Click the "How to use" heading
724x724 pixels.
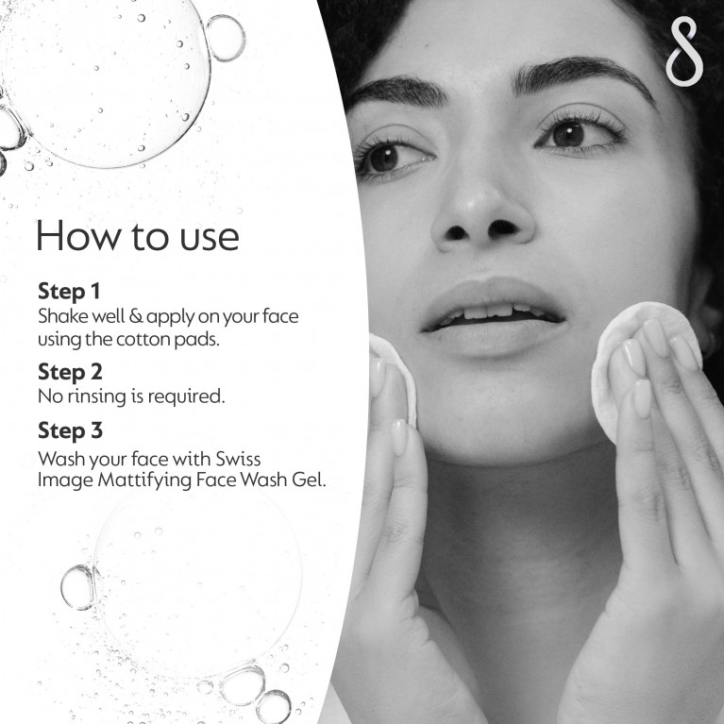tap(138, 236)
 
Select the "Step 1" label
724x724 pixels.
tap(69, 292)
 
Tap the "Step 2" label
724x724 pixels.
tap(70, 372)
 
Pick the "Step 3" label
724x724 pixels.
tap(70, 430)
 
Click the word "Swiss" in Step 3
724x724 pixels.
tap(238, 459)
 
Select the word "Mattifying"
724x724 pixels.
tap(145, 480)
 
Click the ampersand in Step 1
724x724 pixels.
tap(136, 316)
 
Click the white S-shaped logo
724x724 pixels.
tap(684, 51)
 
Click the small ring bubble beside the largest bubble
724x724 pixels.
tap(226, 38)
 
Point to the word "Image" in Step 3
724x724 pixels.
tap(65, 481)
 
